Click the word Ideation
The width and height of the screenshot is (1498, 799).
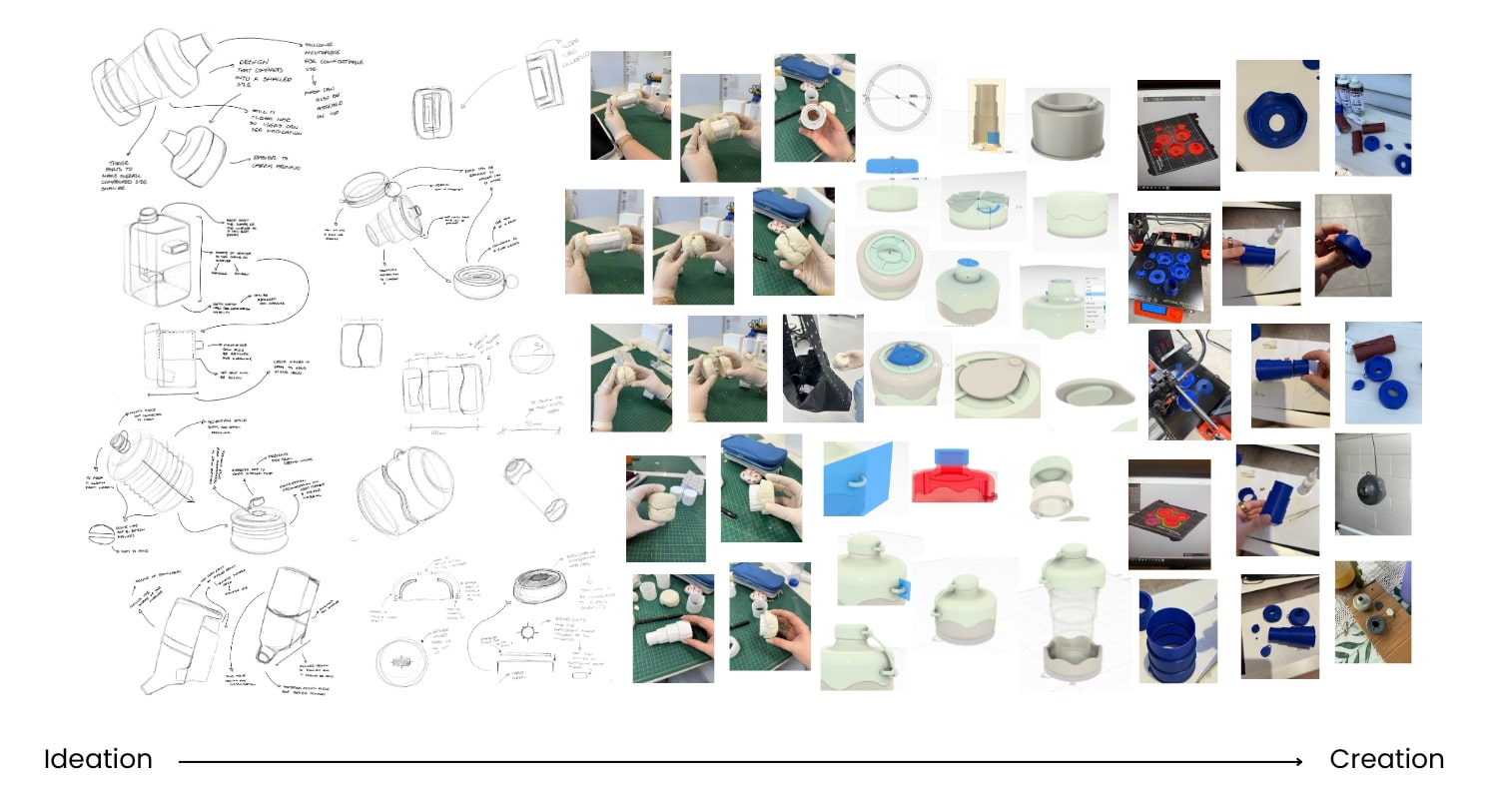[x=98, y=759]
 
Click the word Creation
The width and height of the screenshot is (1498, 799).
[x=1386, y=759]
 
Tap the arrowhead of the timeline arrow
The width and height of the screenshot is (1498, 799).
[x=1297, y=761]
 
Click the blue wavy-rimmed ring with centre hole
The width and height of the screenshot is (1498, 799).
[x=1277, y=118]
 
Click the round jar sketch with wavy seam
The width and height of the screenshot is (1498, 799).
[x=404, y=489]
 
